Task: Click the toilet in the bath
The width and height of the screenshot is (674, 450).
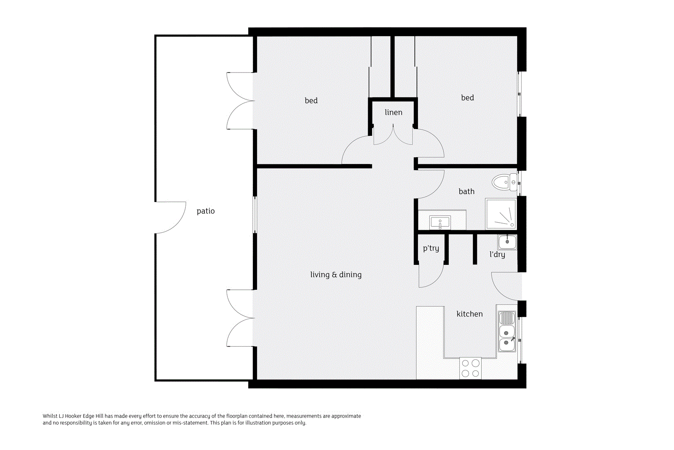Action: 503,182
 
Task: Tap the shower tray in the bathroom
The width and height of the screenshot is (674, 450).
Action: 501,214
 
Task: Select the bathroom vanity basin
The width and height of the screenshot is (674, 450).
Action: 440,222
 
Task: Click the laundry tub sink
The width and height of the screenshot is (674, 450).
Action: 507,242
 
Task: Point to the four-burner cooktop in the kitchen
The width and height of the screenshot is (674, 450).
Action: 471,368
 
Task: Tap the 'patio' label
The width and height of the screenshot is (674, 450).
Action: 206,211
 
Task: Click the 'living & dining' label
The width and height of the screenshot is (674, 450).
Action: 336,275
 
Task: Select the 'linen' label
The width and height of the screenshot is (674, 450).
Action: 393,112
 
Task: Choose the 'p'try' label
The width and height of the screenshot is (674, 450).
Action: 431,248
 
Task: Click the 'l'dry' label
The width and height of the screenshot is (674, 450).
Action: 497,254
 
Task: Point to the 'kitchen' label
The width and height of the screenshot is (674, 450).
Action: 469,314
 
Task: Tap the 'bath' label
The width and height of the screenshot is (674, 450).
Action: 466,191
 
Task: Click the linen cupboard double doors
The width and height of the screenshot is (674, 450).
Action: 393,136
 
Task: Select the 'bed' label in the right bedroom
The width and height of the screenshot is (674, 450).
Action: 467,98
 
